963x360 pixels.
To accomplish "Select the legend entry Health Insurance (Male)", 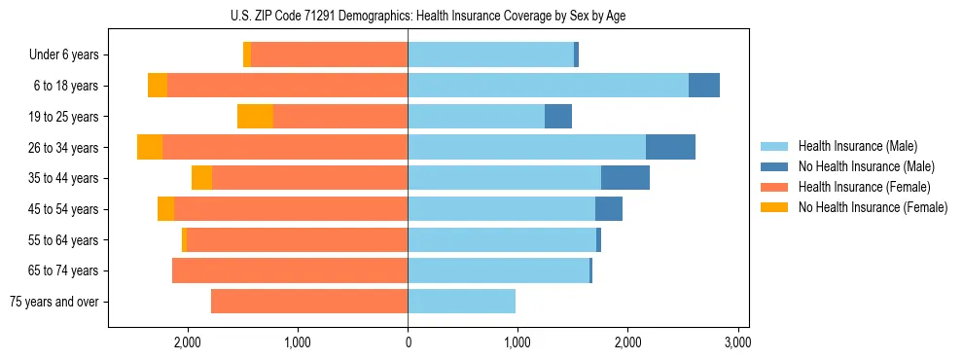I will pos(857,146).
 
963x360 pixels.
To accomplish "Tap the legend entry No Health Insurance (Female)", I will pos(873,207).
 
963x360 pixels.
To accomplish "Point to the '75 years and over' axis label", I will pos(54,302).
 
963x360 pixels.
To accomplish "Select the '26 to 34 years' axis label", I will pos(64,148).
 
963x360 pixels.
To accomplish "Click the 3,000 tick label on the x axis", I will pos(737,342).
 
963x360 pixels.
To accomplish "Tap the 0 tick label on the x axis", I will pos(408,342).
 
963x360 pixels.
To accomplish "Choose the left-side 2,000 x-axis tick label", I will pos(187,342).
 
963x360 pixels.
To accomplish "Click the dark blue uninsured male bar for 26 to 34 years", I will pos(670,147).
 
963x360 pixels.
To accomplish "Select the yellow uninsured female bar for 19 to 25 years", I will pos(255,117).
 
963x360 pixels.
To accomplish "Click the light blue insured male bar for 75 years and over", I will pos(461,302).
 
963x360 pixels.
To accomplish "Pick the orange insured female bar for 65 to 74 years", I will pos(290,270).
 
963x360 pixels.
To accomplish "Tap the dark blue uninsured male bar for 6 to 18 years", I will pos(704,86).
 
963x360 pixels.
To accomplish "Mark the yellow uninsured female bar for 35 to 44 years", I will pos(201,178).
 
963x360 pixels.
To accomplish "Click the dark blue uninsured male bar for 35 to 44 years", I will pos(625,178).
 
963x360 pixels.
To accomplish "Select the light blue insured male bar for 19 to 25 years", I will pos(476,117).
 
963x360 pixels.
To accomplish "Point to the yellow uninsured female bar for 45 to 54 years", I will pos(165,209).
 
